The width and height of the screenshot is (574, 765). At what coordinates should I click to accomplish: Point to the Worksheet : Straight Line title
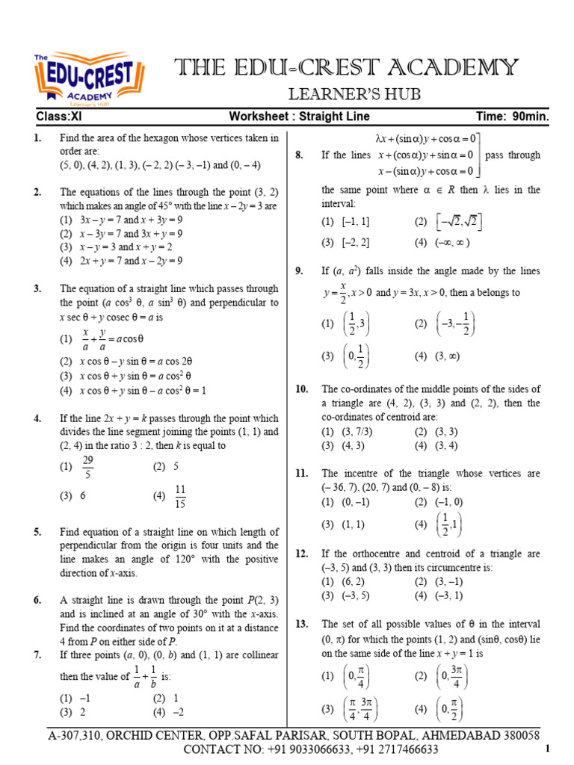click(x=299, y=117)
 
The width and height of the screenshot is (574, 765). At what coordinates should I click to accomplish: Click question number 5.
click(x=37, y=532)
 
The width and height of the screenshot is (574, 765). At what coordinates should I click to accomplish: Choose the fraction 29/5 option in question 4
click(x=89, y=468)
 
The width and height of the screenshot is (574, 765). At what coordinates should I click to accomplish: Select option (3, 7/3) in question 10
click(x=355, y=432)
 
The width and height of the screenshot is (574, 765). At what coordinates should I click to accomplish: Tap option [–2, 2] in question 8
click(x=354, y=242)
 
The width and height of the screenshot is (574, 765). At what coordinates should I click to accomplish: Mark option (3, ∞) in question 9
click(x=448, y=356)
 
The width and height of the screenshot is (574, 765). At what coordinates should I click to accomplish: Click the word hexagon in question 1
click(x=199, y=137)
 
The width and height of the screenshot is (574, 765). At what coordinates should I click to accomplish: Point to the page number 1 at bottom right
click(x=547, y=749)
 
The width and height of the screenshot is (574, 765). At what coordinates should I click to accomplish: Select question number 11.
click(x=302, y=474)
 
